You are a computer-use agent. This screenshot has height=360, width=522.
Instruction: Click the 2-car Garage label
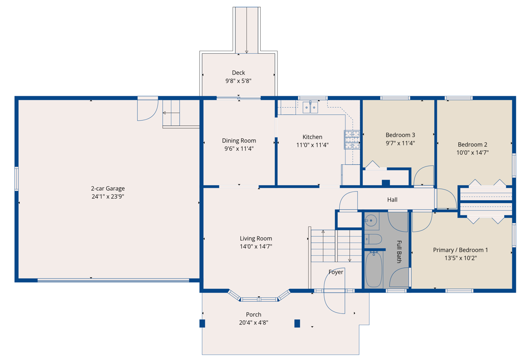(x=108, y=189)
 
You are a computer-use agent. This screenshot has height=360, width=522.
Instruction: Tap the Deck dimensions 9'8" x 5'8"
(x=238, y=81)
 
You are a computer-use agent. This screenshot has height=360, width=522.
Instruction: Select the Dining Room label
(x=239, y=141)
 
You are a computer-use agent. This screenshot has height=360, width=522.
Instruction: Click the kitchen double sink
(x=311, y=107)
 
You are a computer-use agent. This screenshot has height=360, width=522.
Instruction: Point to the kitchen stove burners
(x=352, y=139)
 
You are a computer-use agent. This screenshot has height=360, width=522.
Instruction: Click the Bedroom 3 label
(x=400, y=135)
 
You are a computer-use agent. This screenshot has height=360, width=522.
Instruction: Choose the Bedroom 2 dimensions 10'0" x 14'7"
(x=472, y=153)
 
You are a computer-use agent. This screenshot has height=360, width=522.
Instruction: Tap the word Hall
(x=392, y=200)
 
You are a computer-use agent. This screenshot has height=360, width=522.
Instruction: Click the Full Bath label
(x=399, y=252)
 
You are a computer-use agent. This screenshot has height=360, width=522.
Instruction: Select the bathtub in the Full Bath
(x=374, y=270)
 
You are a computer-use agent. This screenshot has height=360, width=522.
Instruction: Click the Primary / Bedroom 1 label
(x=460, y=250)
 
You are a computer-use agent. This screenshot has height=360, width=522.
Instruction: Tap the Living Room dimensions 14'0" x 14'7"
(x=256, y=247)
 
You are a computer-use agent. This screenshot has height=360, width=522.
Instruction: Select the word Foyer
(x=335, y=272)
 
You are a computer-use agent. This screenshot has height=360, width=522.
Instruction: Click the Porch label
(x=254, y=315)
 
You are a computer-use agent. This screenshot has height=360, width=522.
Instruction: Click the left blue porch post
(x=202, y=323)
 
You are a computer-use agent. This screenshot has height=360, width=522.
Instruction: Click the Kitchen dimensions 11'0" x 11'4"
(x=312, y=145)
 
